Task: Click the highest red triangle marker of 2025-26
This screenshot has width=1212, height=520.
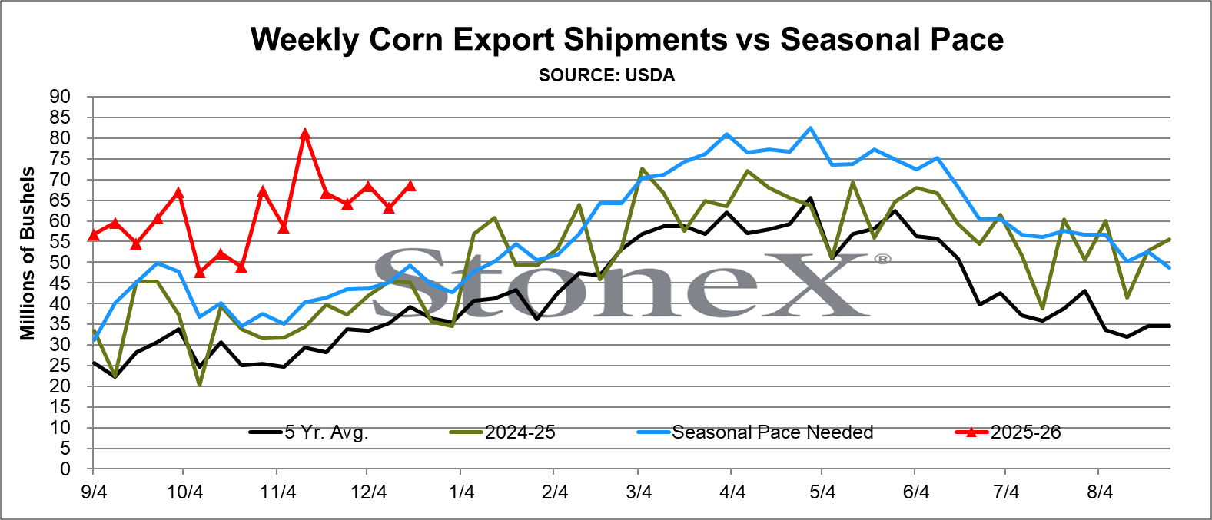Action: coord(305,134)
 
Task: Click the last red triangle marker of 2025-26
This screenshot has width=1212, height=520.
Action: coord(410,185)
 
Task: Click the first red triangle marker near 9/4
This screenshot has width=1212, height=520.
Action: coord(94,234)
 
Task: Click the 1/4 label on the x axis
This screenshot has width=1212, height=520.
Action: coord(462,492)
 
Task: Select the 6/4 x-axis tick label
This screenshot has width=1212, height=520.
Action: coord(916,492)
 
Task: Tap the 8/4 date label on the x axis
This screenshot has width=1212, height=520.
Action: coord(1100,492)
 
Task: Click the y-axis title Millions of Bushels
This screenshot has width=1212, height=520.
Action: coord(28,253)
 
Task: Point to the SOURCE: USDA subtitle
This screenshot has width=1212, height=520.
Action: coord(606,75)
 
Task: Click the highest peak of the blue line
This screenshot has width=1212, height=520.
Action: coord(810,128)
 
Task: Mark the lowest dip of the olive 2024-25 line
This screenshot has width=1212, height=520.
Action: coord(200,383)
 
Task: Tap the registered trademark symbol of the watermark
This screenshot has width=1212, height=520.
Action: coord(882,259)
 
